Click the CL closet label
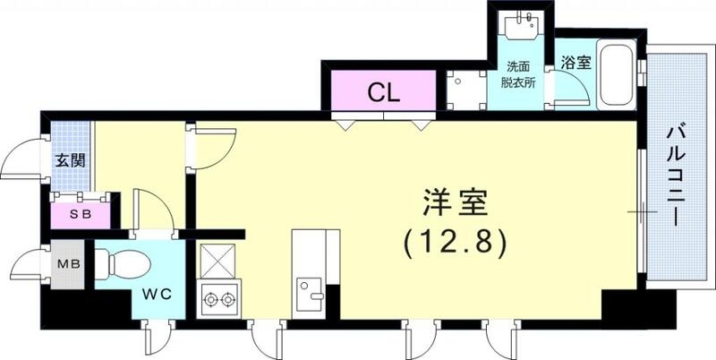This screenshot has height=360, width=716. (x=383, y=92)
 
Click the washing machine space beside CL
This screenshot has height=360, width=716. (x=463, y=90)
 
